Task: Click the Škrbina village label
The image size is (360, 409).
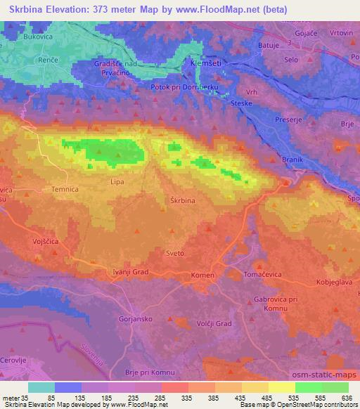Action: point(183,200)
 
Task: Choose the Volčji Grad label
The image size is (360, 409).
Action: point(193,323)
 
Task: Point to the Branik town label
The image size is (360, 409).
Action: point(292,161)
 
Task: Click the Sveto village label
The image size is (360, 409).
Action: point(175,253)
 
